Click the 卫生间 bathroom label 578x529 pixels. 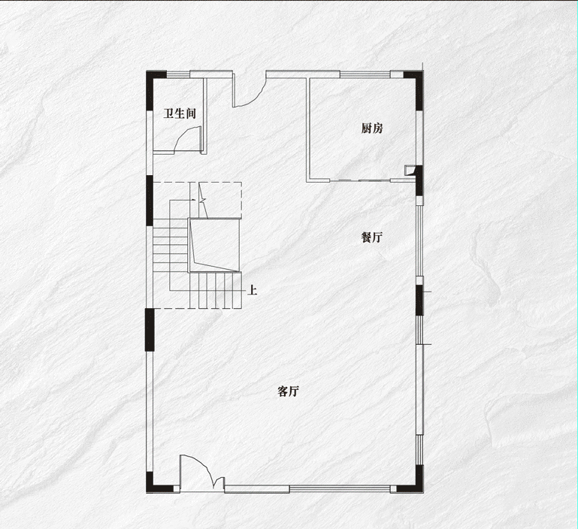pyautogui.click(x=180, y=114)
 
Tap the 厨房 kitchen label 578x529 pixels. pyautogui.click(x=372, y=128)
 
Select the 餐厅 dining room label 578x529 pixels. pyautogui.click(x=371, y=237)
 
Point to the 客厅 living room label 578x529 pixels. pyautogui.click(x=289, y=391)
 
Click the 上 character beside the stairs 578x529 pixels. pyautogui.click(x=253, y=289)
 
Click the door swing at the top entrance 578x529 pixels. pyautogui.click(x=248, y=94)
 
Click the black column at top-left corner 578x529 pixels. pyautogui.click(x=156, y=78)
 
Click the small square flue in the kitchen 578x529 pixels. pyautogui.click(x=410, y=170)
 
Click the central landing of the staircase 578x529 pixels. pyautogui.click(x=215, y=243)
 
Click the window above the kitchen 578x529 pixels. pyautogui.click(x=365, y=73)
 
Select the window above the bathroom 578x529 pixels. pyautogui.click(x=178, y=73)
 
